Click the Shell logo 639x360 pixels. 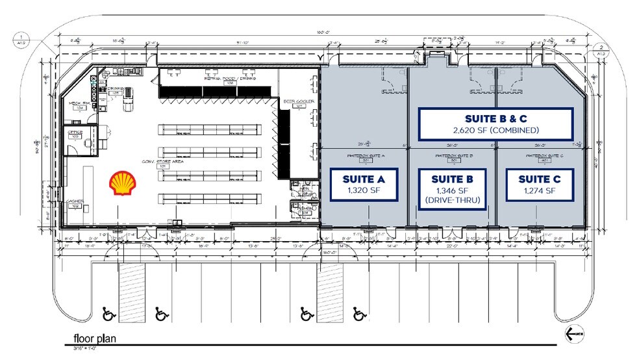coord(121,183)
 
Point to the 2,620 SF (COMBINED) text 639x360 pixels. coord(496,130)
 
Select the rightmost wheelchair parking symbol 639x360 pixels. coord(358,315)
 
